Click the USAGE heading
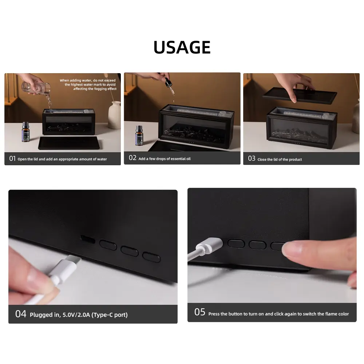pyautogui.click(x=182, y=47)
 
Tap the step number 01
pyautogui.click(x=12, y=159)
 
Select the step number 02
pyautogui.click(x=132, y=158)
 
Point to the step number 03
pyautogui.click(x=252, y=158)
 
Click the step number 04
pyautogui.click(x=21, y=314)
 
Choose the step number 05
pyautogui.click(x=200, y=312)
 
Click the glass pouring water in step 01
pyautogui.click(x=36, y=88)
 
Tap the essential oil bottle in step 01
pyautogui.click(x=25, y=132)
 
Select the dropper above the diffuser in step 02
pyautogui.click(x=170, y=86)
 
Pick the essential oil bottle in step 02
pyautogui.click(x=139, y=136)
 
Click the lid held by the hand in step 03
pyautogui.click(x=300, y=95)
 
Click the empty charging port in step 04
pyautogui.click(x=87, y=239)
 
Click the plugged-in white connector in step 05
pyautogui.click(x=209, y=246)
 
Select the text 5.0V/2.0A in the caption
pyautogui.click(x=76, y=315)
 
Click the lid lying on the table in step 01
pyautogui.click(x=69, y=143)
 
